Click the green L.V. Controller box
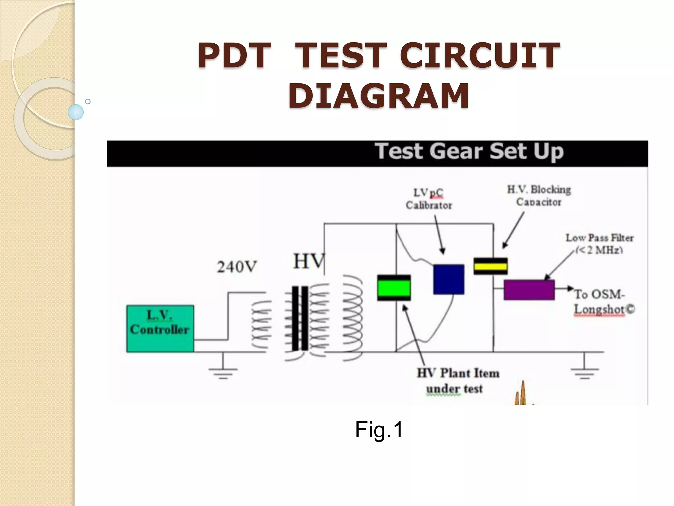[160, 329]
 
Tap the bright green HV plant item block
[394, 288]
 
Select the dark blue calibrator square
[449, 279]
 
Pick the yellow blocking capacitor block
[490, 266]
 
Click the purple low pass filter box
[529, 290]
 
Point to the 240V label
[237, 267]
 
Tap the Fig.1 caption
[379, 430]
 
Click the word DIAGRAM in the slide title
[379, 96]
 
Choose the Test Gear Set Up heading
[469, 152]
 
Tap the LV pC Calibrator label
[428, 199]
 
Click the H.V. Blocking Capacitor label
[539, 196]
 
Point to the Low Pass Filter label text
[599, 243]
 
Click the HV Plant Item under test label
[457, 381]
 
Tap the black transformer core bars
[300, 318]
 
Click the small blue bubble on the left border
[76, 112]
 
